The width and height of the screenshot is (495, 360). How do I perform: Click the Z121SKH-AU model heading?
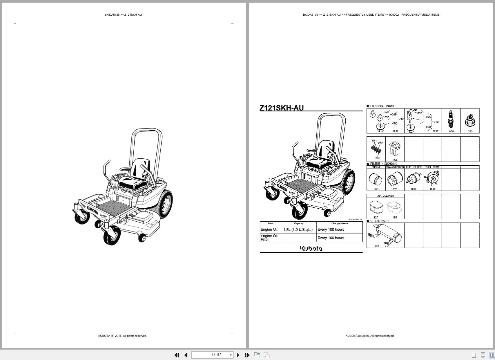point(281,108)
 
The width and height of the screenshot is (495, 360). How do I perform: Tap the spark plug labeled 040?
point(450,119)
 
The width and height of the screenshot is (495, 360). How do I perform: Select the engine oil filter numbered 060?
point(376,179)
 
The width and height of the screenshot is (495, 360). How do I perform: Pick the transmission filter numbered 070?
point(395,179)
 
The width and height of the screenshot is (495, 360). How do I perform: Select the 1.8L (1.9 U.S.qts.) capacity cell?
point(298,229)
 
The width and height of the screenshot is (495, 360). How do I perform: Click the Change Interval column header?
point(340,223)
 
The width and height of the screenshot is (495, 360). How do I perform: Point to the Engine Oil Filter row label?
point(269,238)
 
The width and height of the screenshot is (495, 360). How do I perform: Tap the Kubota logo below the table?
point(311,248)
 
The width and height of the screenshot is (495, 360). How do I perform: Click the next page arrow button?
point(238,355)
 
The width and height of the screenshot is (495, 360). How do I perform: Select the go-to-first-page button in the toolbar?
point(176,355)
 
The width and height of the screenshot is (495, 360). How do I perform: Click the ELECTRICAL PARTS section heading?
point(382,106)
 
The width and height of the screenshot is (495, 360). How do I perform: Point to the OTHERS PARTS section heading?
point(380,221)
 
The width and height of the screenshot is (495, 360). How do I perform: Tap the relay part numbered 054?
point(395,149)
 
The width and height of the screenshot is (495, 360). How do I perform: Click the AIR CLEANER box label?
point(385,196)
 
